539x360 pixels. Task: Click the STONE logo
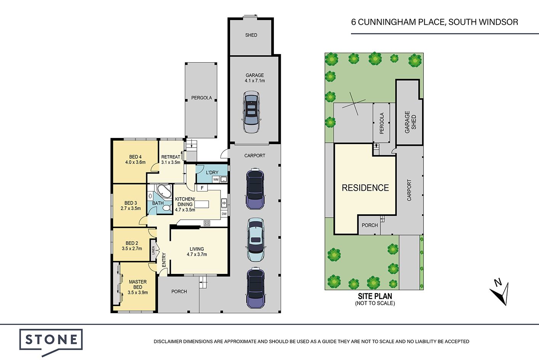pyautogui.click(x=51, y=341)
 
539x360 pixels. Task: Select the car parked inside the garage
pyautogui.click(x=251, y=112)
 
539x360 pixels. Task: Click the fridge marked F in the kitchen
pyautogui.click(x=202, y=188)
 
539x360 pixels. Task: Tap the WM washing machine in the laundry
pyautogui.click(x=216, y=179)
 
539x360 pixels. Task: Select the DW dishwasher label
pyautogui.click(x=224, y=214)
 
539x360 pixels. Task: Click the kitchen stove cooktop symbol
pyautogui.click(x=207, y=223)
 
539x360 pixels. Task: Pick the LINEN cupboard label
pyautogui.click(x=153, y=250)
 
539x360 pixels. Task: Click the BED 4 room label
pyautogui.click(x=135, y=157)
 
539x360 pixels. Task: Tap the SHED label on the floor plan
pyautogui.click(x=251, y=35)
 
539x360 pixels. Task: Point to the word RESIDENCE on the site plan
pyautogui.click(x=365, y=188)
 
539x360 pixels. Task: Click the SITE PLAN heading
pyautogui.click(x=375, y=296)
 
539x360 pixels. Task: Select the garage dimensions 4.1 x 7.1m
pyautogui.click(x=255, y=81)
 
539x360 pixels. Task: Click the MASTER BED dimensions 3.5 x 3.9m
pyautogui.click(x=138, y=292)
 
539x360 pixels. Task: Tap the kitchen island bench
pyautogui.click(x=202, y=204)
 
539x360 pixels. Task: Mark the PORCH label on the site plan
pyautogui.click(x=370, y=225)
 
